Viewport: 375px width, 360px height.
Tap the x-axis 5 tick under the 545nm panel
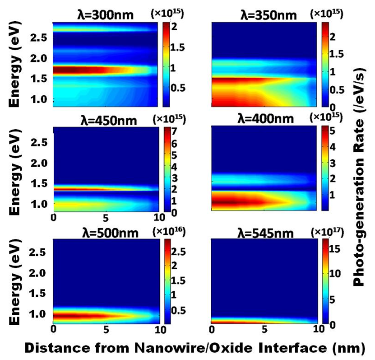pos(265,330)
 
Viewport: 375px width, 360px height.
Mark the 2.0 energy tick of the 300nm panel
pos(40,58)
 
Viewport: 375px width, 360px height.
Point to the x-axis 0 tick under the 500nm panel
pos(53,330)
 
